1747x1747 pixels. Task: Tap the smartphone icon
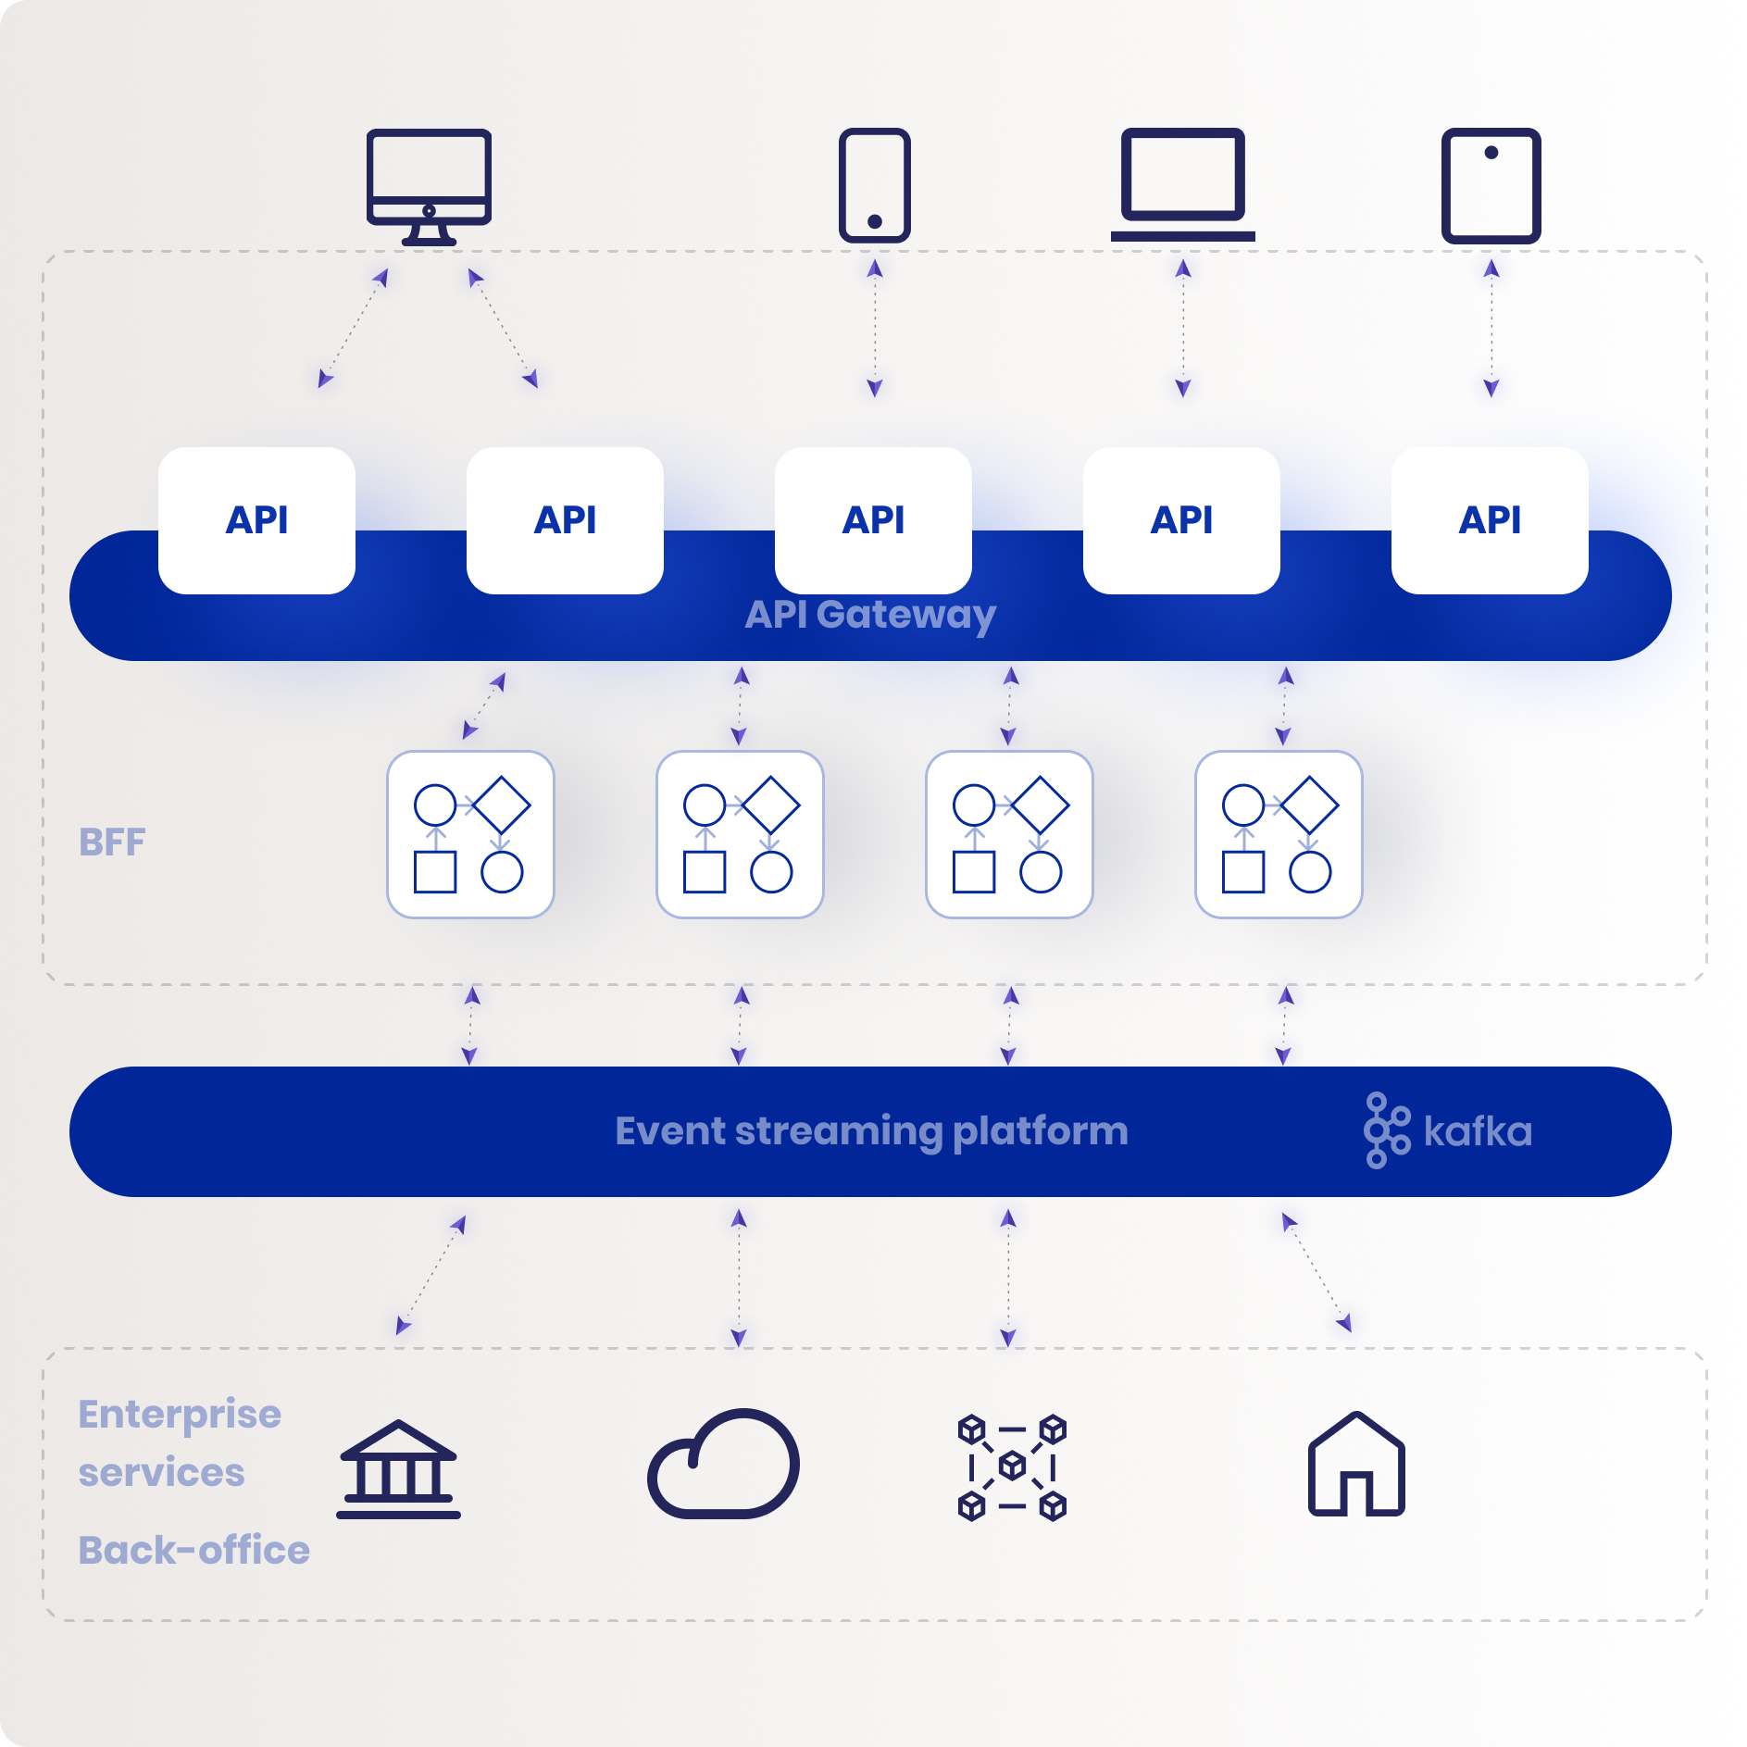click(x=874, y=185)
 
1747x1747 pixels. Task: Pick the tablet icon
click(x=1491, y=185)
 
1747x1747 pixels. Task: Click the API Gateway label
click(x=870, y=615)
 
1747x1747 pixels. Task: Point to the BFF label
click(x=112, y=842)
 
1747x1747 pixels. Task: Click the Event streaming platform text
click(x=871, y=1131)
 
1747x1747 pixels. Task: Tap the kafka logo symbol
click(x=1386, y=1130)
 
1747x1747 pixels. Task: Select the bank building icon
click(x=398, y=1468)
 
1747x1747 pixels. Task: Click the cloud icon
click(x=723, y=1465)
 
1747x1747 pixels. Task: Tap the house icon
click(x=1356, y=1465)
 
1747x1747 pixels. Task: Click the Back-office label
click(x=193, y=1551)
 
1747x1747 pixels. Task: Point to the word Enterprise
click(x=180, y=1415)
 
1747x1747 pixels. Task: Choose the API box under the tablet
click(x=1490, y=520)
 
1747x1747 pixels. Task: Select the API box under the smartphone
click(x=873, y=520)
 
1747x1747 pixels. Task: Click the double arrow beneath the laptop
click(x=1182, y=329)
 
